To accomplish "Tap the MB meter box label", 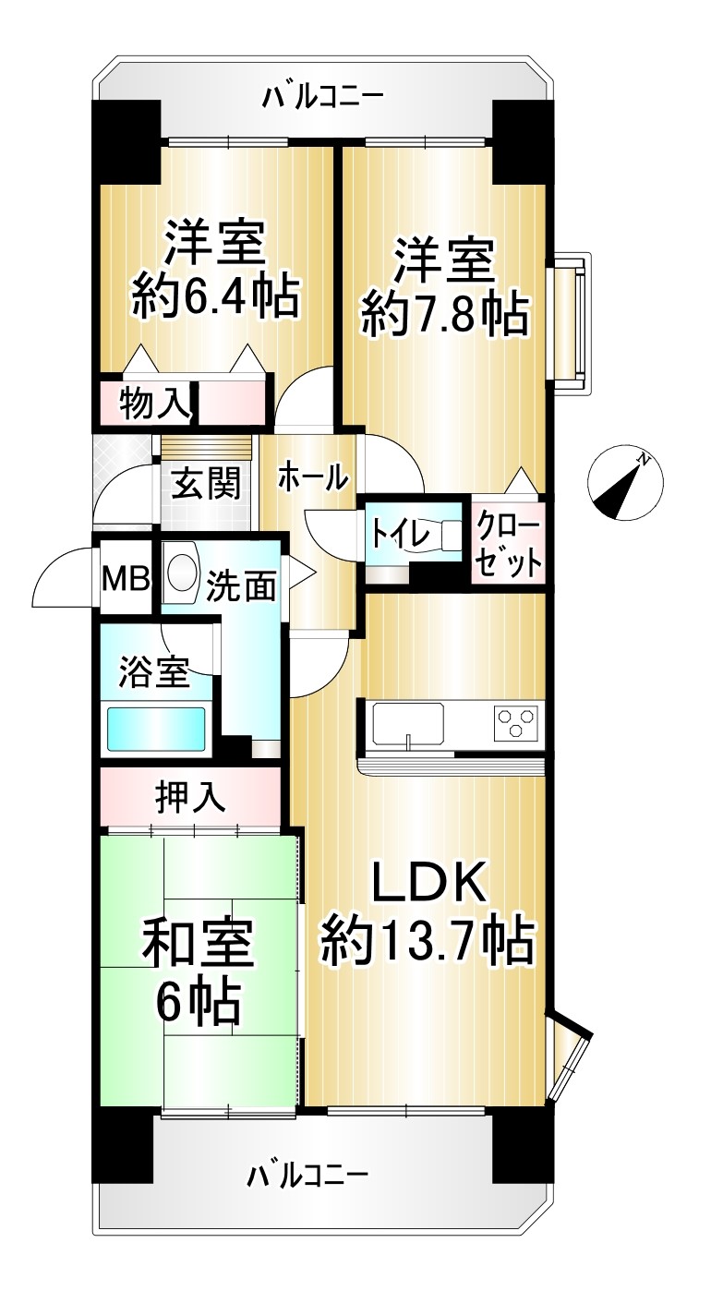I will coord(126,579).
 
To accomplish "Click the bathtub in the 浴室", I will coord(155,729).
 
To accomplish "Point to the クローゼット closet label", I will coord(508,548).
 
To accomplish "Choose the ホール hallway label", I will coord(312,477).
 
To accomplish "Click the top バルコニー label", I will coord(322,96).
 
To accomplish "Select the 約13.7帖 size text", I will coord(428,941).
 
